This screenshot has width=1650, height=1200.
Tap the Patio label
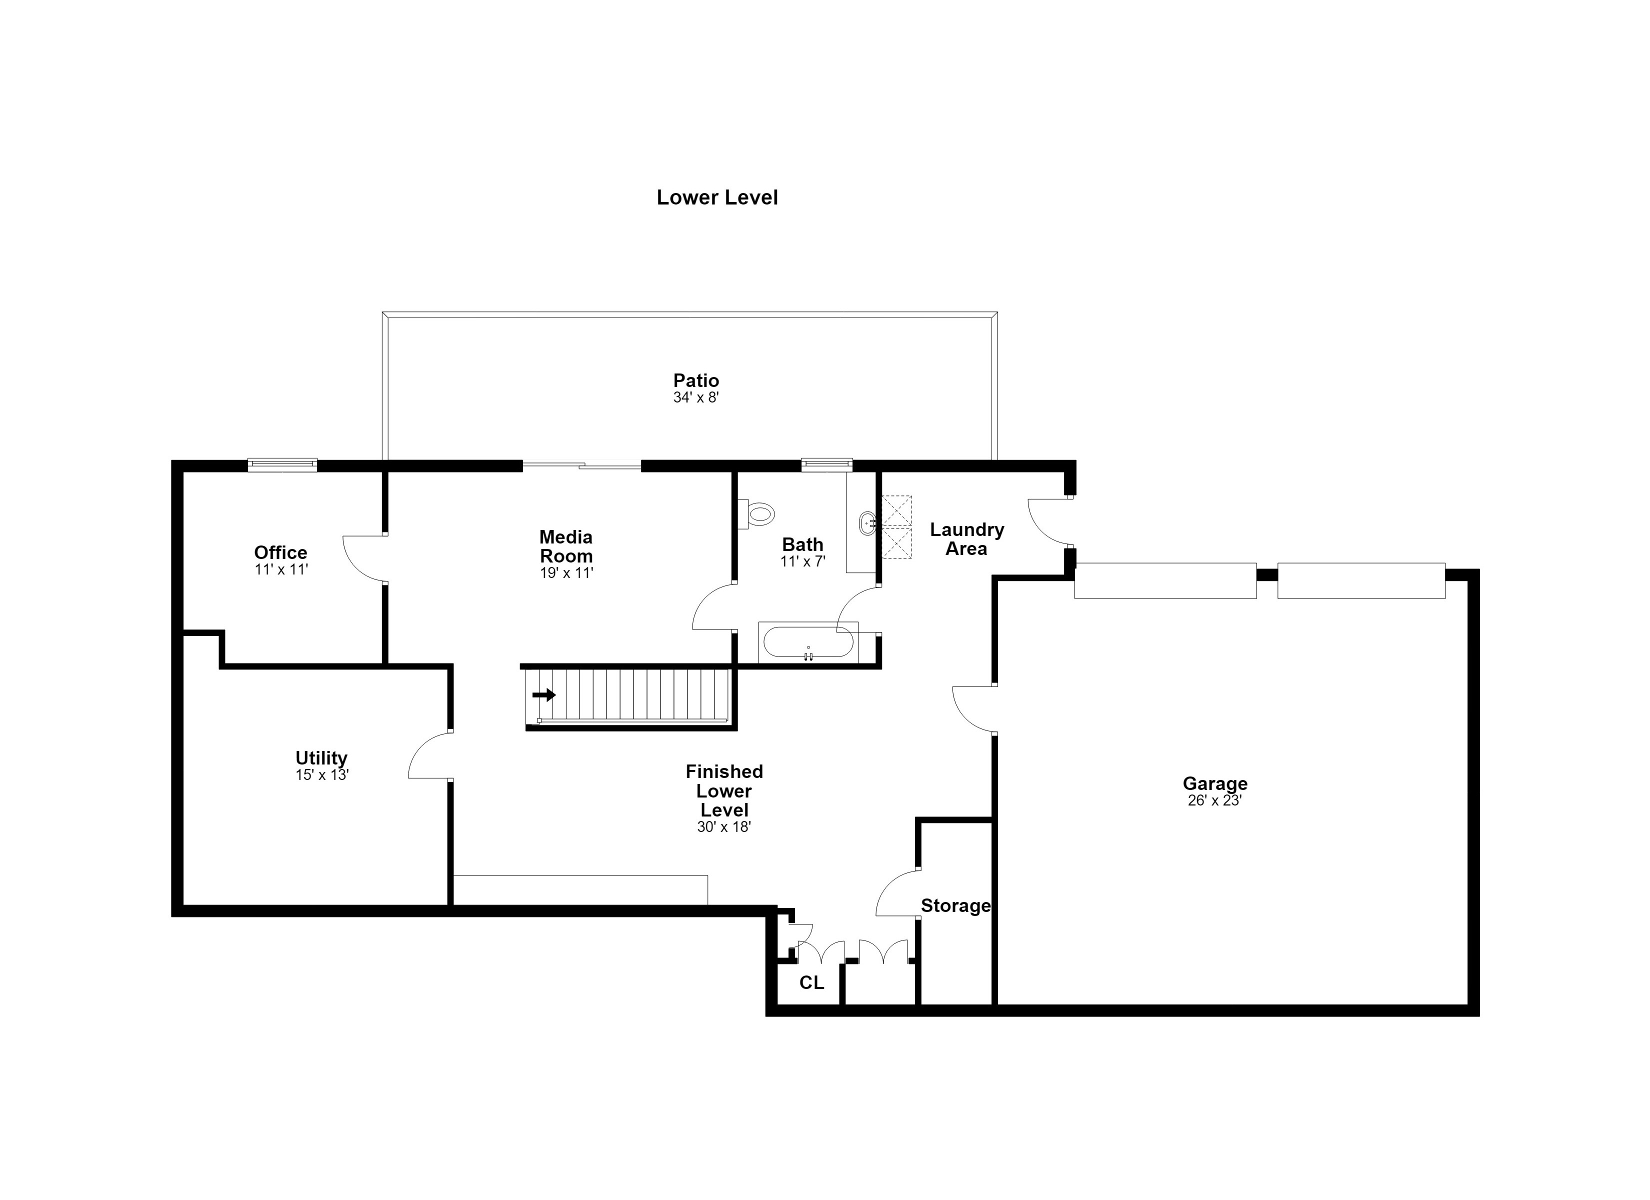pyautogui.click(x=695, y=380)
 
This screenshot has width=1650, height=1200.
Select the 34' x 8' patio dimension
pyautogui.click(x=695, y=397)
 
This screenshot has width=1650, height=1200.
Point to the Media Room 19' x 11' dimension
pyautogui.click(x=566, y=572)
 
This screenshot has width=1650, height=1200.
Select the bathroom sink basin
pyautogui.click(x=867, y=523)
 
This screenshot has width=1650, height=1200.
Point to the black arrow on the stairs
pyautogui.click(x=543, y=695)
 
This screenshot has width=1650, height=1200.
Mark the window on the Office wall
pyautogui.click(x=282, y=464)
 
